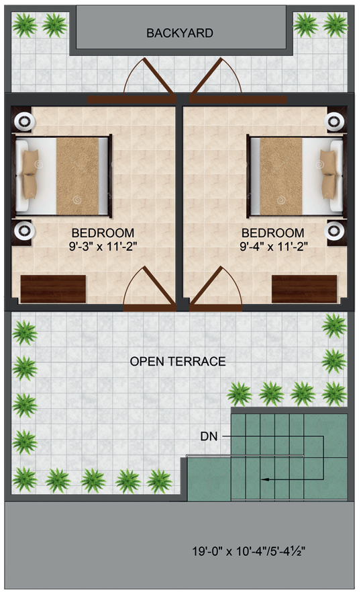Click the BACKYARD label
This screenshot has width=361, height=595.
[x=180, y=32]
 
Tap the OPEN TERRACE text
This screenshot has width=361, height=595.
[x=178, y=362]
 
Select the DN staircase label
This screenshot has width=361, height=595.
[x=209, y=436]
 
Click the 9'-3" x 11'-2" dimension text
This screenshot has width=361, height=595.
[x=103, y=246]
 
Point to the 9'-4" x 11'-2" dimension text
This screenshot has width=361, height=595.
[x=274, y=246]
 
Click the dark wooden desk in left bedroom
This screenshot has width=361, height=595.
[x=53, y=288]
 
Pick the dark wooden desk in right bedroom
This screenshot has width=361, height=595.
[x=304, y=288]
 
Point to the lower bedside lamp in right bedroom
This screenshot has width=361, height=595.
[x=333, y=231]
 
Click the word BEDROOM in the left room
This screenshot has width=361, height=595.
[x=103, y=233]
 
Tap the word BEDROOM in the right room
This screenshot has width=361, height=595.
[x=274, y=233]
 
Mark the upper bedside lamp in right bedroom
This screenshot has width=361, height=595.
[x=333, y=122]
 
